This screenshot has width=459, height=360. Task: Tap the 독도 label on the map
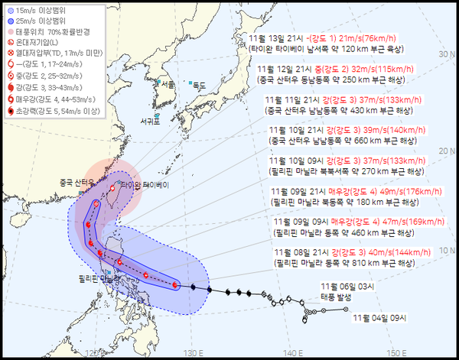point(200,84)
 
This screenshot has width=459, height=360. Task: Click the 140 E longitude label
point(292,353)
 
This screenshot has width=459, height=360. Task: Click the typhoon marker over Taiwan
point(112,187)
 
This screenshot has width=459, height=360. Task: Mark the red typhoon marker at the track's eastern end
point(175,285)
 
